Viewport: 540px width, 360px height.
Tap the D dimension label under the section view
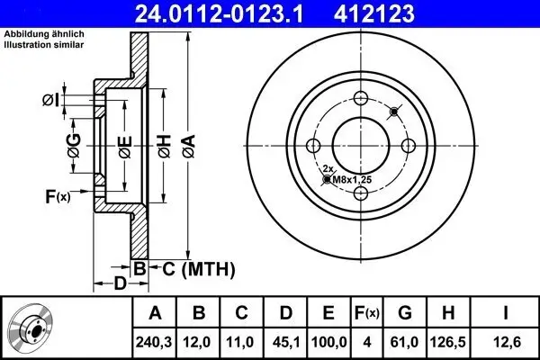(120, 284)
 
